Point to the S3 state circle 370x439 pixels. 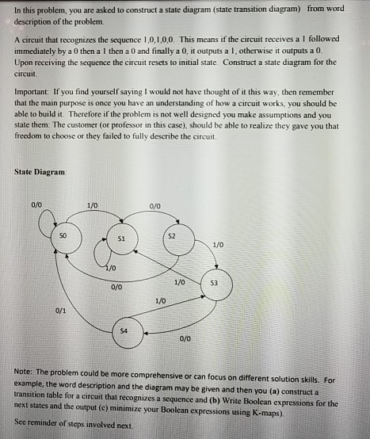coord(216,283)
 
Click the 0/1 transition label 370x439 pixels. coord(61,311)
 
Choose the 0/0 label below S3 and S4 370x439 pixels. coord(185,339)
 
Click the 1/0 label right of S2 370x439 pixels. coord(218,244)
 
